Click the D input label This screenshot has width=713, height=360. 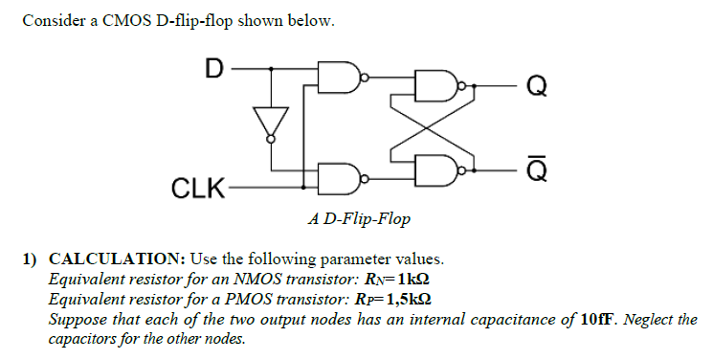coord(213,68)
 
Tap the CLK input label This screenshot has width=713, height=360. coord(196,187)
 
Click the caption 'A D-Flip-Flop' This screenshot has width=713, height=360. coord(359,219)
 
